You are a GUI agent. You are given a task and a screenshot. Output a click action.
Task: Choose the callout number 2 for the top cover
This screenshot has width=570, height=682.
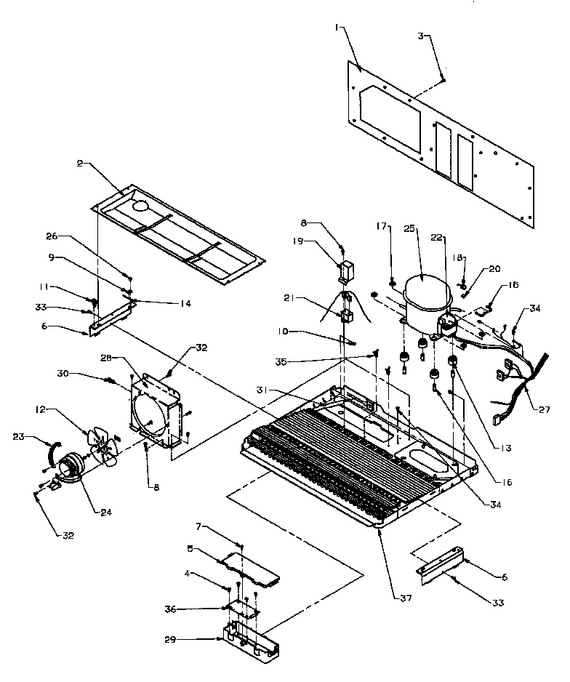point(79,164)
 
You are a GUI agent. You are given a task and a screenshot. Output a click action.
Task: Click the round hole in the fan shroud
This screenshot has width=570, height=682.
point(150,415)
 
